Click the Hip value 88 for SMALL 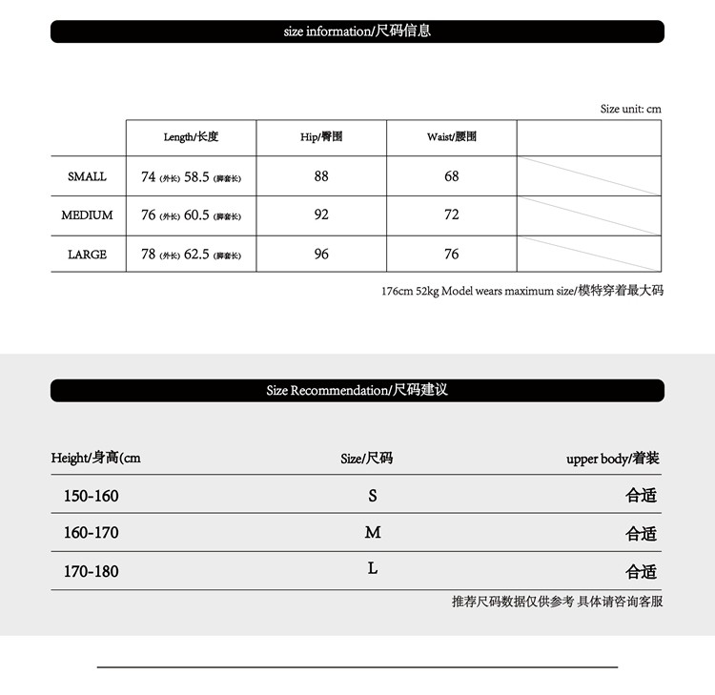pyautogui.click(x=321, y=176)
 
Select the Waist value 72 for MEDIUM pyautogui.click(x=452, y=215)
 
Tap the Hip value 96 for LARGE pyautogui.click(x=321, y=255)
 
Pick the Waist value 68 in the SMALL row pyautogui.click(x=452, y=176)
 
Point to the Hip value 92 pyautogui.click(x=321, y=215)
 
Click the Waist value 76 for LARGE pyautogui.click(x=452, y=255)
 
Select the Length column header pyautogui.click(x=191, y=137)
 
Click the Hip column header pyautogui.click(x=321, y=137)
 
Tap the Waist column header pyautogui.click(x=452, y=137)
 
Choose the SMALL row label pyautogui.click(x=87, y=176)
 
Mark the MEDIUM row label pyautogui.click(x=87, y=215)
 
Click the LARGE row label pyautogui.click(x=87, y=255)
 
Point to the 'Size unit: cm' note pyautogui.click(x=630, y=109)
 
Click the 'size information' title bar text pyautogui.click(x=357, y=31)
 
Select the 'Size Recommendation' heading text pyautogui.click(x=357, y=390)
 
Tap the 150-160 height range pyautogui.click(x=92, y=496)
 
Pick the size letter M pyautogui.click(x=373, y=532)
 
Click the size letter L pyautogui.click(x=373, y=568)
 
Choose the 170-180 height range pyautogui.click(x=92, y=571)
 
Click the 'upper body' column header pyautogui.click(x=612, y=459)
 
